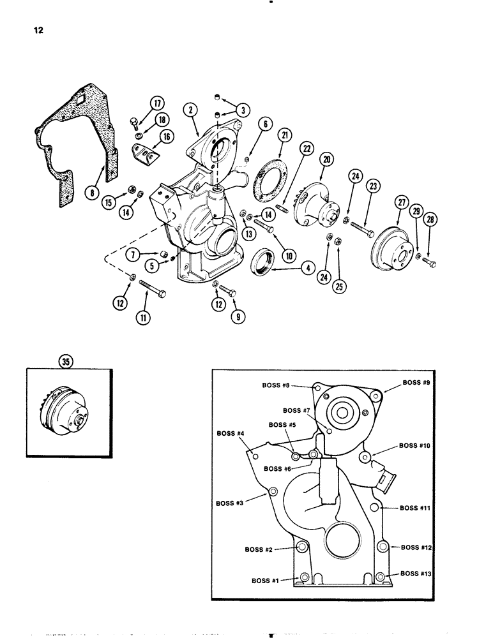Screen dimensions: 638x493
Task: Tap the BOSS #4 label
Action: pyautogui.click(x=232, y=434)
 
